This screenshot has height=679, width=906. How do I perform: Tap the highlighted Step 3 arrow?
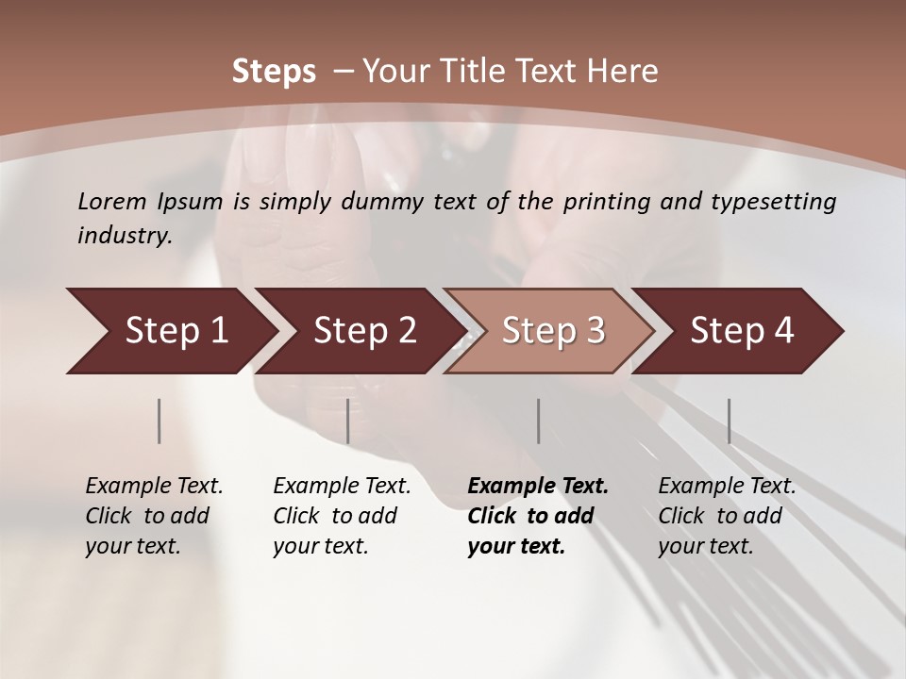553,331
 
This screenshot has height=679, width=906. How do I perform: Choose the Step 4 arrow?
742,331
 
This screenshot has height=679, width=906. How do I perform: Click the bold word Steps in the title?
274,72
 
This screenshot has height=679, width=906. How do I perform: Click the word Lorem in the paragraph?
111,201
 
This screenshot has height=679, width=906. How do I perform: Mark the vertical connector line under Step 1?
159,421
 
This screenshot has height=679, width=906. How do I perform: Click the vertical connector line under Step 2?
348,421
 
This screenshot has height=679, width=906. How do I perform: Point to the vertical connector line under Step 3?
539,421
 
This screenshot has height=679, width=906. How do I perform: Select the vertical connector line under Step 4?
729,421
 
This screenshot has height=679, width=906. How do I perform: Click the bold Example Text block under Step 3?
538,516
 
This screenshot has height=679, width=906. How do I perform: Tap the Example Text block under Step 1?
154,516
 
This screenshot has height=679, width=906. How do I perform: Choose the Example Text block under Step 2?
342,516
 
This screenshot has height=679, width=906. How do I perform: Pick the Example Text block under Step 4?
727,516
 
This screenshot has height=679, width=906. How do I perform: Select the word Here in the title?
627,72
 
